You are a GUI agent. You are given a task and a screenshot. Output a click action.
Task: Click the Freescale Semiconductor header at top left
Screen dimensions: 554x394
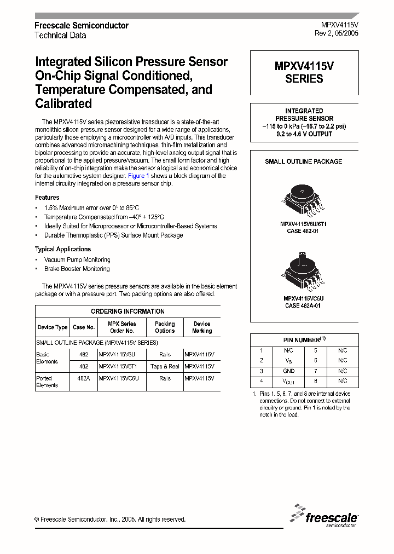(82, 26)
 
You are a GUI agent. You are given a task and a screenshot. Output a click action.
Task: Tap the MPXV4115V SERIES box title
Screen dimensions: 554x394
(304, 73)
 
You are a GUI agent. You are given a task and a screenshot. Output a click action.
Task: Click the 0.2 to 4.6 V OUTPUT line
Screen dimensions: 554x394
(304, 134)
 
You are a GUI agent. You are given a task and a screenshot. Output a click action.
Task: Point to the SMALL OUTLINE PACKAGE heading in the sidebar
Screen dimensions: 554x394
(304, 161)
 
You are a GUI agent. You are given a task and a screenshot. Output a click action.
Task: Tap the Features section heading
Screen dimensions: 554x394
(47, 197)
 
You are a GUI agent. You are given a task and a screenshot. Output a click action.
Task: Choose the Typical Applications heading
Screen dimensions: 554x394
(63, 249)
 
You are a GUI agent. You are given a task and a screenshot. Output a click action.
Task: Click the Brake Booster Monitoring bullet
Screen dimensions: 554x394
(77, 269)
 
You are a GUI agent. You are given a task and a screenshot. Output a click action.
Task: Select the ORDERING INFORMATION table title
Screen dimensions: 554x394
(128, 311)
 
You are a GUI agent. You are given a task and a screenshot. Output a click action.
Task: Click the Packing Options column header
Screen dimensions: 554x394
(165, 327)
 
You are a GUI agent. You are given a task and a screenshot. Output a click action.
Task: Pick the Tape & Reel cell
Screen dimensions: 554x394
(165, 366)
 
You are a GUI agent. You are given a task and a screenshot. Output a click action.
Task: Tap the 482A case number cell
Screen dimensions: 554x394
(84, 378)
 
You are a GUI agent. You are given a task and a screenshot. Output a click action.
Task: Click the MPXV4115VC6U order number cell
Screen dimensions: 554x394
(119, 378)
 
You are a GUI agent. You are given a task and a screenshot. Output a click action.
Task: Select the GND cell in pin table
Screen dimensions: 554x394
(289, 371)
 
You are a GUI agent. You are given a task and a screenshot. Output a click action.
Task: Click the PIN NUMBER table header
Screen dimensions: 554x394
(304, 339)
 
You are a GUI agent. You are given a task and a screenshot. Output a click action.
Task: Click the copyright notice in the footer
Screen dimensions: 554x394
(110, 520)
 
